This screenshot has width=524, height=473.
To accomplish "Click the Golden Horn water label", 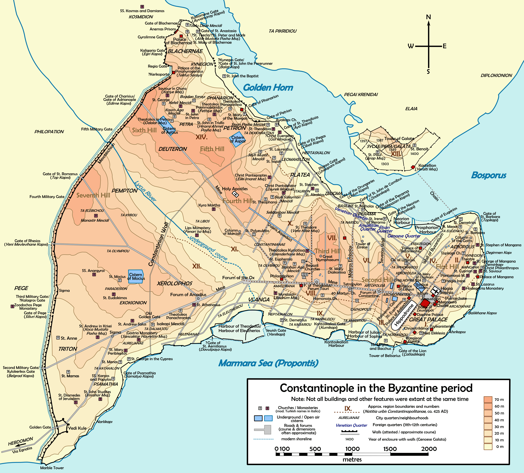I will click(x=268, y=88).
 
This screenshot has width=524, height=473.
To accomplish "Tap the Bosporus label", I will click(x=488, y=175).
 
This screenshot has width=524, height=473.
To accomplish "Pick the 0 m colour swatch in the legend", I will click(x=488, y=446).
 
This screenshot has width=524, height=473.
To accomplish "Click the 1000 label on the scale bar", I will click(x=352, y=449).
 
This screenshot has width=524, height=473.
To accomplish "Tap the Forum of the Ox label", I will click(x=238, y=278).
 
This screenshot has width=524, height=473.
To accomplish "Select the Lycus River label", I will click(x=145, y=191).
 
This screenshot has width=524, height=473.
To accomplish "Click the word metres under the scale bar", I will click(x=352, y=459).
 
